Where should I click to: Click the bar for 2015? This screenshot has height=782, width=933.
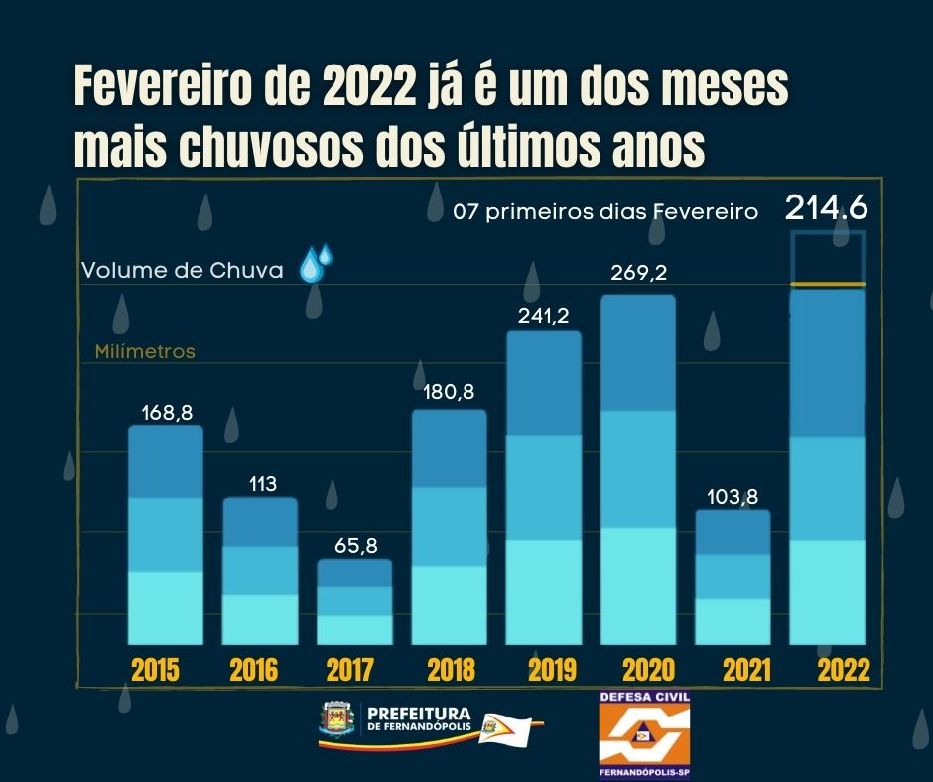tap(166, 536)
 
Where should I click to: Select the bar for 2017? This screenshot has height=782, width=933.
tap(354, 601)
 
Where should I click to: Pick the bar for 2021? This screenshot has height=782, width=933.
tap(733, 578)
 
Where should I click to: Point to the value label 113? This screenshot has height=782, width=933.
tap(260, 484)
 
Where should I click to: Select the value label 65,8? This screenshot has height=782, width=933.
tap(354, 545)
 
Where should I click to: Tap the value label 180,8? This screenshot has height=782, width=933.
tap(450, 392)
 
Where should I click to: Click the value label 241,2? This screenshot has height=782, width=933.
tap(543, 316)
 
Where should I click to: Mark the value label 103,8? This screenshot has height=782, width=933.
tap(733, 497)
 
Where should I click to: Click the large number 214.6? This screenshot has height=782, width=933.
tap(827, 208)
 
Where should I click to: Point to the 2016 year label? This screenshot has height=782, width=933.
tap(254, 670)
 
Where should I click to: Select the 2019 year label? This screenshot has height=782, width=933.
tap(552, 670)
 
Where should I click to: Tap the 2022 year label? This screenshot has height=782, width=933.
tap(844, 670)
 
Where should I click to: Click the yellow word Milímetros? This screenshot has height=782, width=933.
tap(145, 351)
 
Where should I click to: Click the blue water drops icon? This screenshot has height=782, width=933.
tap(316, 264)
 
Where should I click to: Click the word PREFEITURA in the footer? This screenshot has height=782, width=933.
tap(418, 713)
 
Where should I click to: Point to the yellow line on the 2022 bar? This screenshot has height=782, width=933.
tap(827, 285)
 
